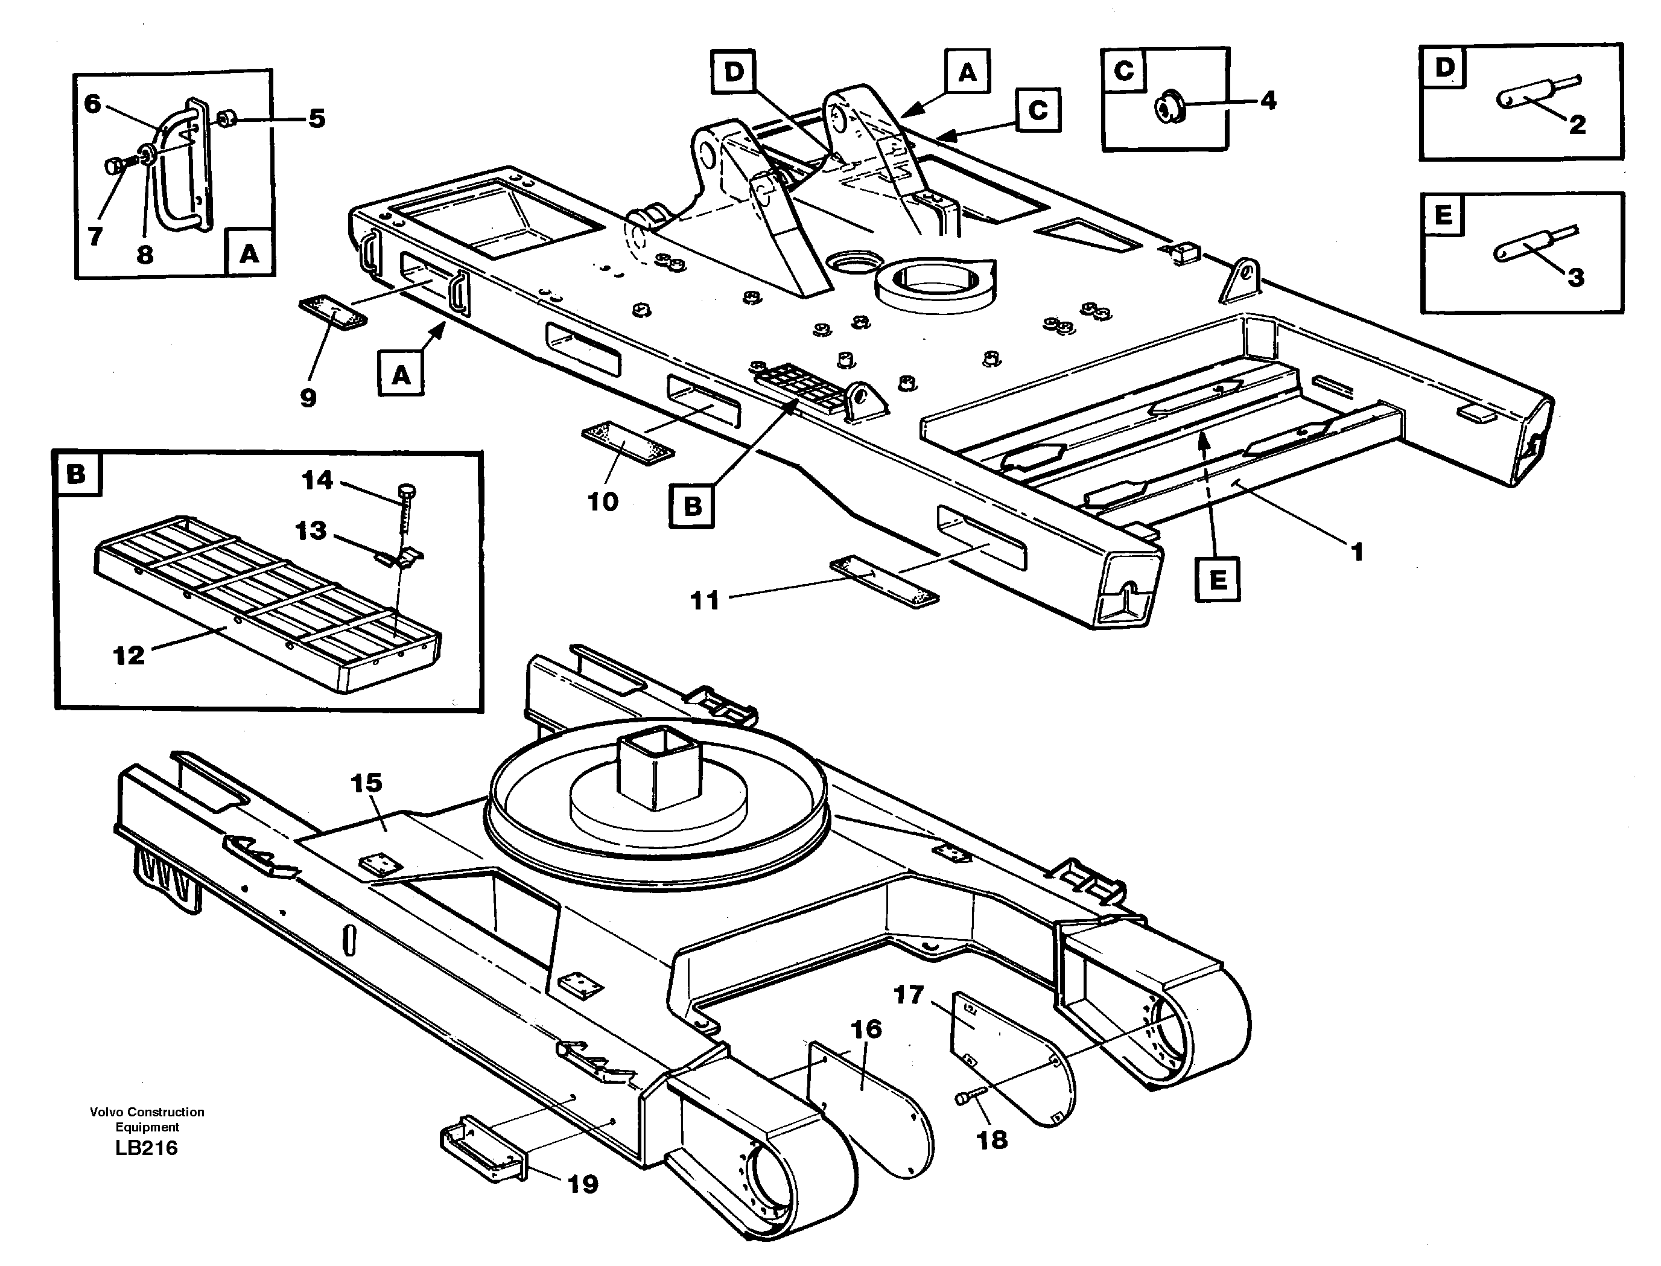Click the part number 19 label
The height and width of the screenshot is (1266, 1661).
coord(583,1184)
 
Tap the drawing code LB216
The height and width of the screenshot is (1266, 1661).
coord(147,1148)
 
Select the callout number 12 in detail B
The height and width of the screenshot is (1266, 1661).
coord(128,655)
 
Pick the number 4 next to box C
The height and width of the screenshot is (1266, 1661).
coord(1269,100)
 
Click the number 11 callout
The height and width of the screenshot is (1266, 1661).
coord(705,600)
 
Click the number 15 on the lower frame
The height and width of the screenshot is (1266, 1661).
coord(367,783)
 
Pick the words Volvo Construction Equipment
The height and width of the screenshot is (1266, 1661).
coord(147,1119)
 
